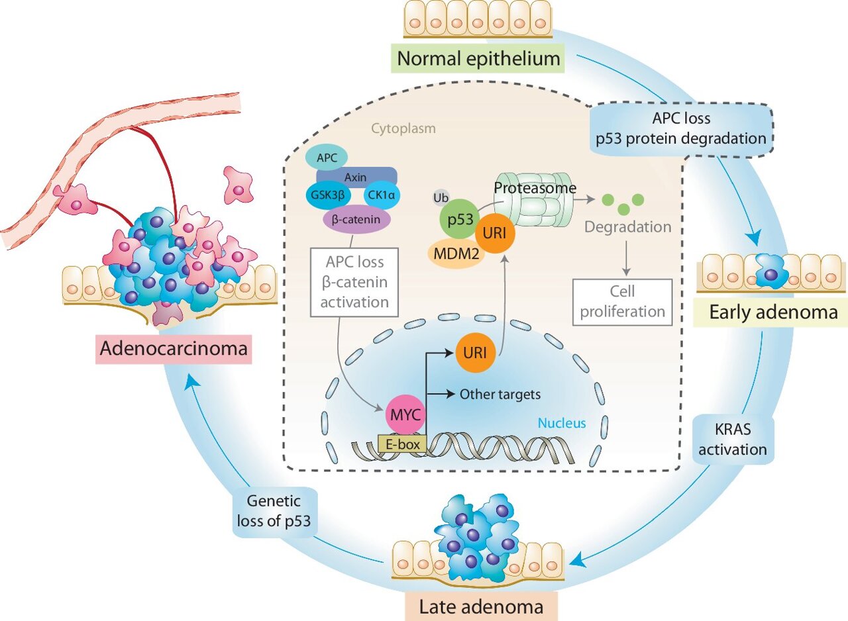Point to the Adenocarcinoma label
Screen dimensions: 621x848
(x=175, y=351)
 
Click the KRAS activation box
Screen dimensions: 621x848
(x=733, y=440)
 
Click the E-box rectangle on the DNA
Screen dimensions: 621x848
(x=400, y=444)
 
